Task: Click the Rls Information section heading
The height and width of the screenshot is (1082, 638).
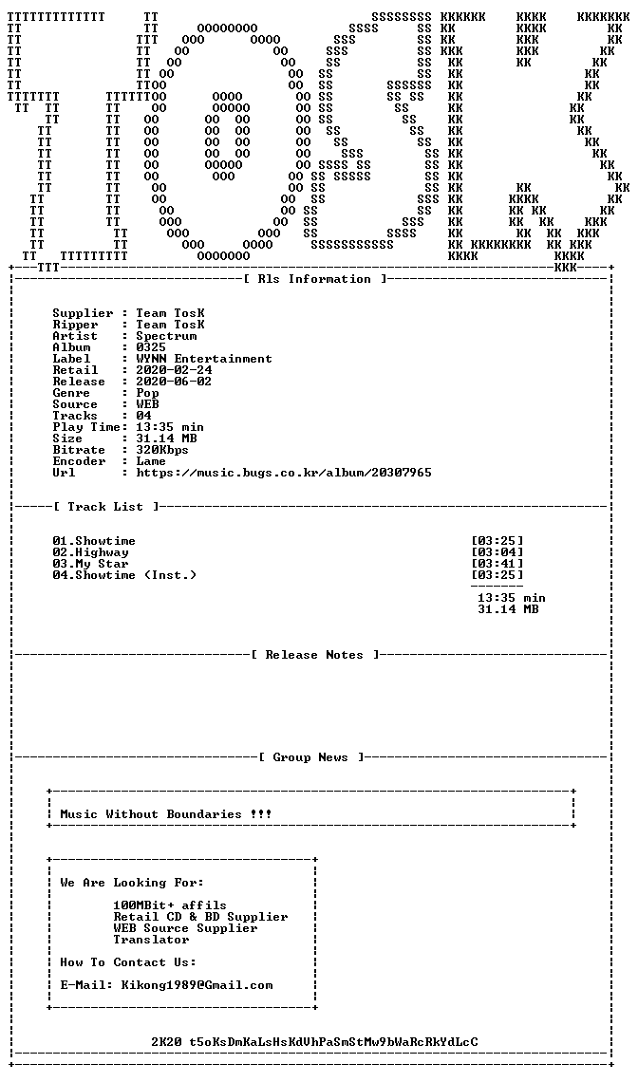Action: click(x=314, y=279)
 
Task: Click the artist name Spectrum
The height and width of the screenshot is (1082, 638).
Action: click(x=166, y=336)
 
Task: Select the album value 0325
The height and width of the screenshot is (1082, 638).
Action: click(x=151, y=347)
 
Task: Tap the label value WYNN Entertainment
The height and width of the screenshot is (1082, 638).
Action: click(x=204, y=359)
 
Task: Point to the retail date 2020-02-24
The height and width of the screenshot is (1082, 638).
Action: click(x=174, y=370)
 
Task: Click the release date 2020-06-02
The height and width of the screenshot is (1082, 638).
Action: click(x=174, y=382)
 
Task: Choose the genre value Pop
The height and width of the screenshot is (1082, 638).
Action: click(x=147, y=393)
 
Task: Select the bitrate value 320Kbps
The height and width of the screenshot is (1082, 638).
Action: click(x=162, y=450)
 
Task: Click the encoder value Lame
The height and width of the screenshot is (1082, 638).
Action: click(x=151, y=461)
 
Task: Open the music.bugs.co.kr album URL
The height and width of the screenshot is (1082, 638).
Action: click(x=284, y=473)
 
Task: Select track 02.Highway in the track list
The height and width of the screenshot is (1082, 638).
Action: click(x=90, y=552)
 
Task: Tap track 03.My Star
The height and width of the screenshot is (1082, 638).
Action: click(x=90, y=564)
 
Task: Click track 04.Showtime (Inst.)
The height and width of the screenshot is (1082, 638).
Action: click(x=124, y=575)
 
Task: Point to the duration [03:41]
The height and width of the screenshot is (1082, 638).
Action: click(x=497, y=564)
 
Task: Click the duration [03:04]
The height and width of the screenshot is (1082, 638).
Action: click(x=497, y=552)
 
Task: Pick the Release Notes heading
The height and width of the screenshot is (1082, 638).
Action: click(x=314, y=655)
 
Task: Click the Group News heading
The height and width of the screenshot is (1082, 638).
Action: click(x=310, y=757)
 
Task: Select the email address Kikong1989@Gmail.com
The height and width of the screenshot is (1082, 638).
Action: click(x=197, y=985)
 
